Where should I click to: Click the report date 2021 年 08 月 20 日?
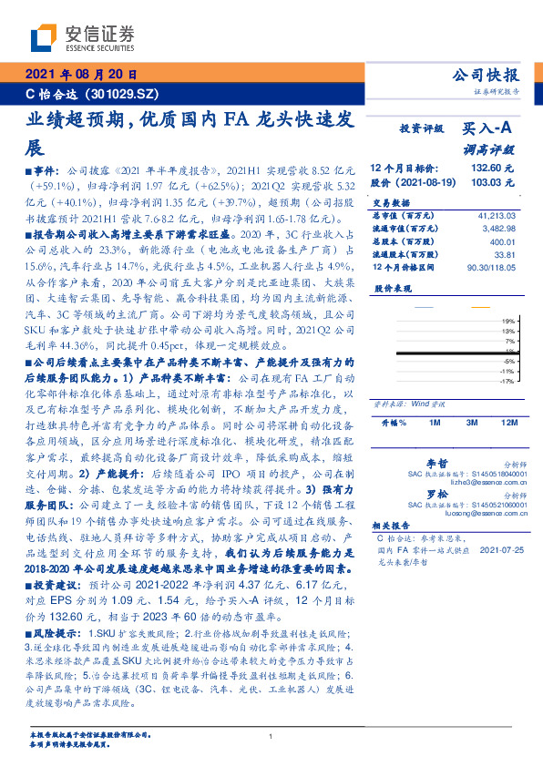81,75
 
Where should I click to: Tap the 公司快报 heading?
487,75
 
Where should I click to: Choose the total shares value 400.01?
502,241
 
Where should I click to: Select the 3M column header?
472,424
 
